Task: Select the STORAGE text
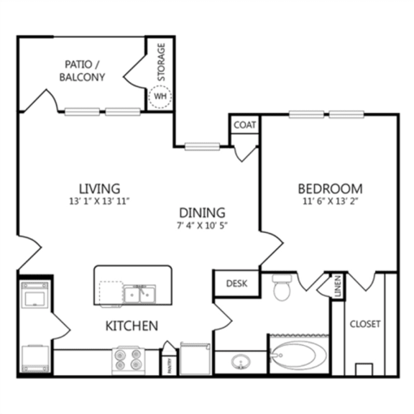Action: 162,63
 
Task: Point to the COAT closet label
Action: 244,124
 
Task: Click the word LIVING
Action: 99,189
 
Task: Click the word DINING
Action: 203,213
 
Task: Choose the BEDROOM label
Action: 330,189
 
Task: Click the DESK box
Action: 236,283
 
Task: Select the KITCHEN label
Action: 132,326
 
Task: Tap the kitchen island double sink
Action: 139,293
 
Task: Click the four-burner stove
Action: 127,359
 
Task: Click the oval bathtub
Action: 297,355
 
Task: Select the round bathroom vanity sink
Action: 239,362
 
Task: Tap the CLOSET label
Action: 365,323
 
